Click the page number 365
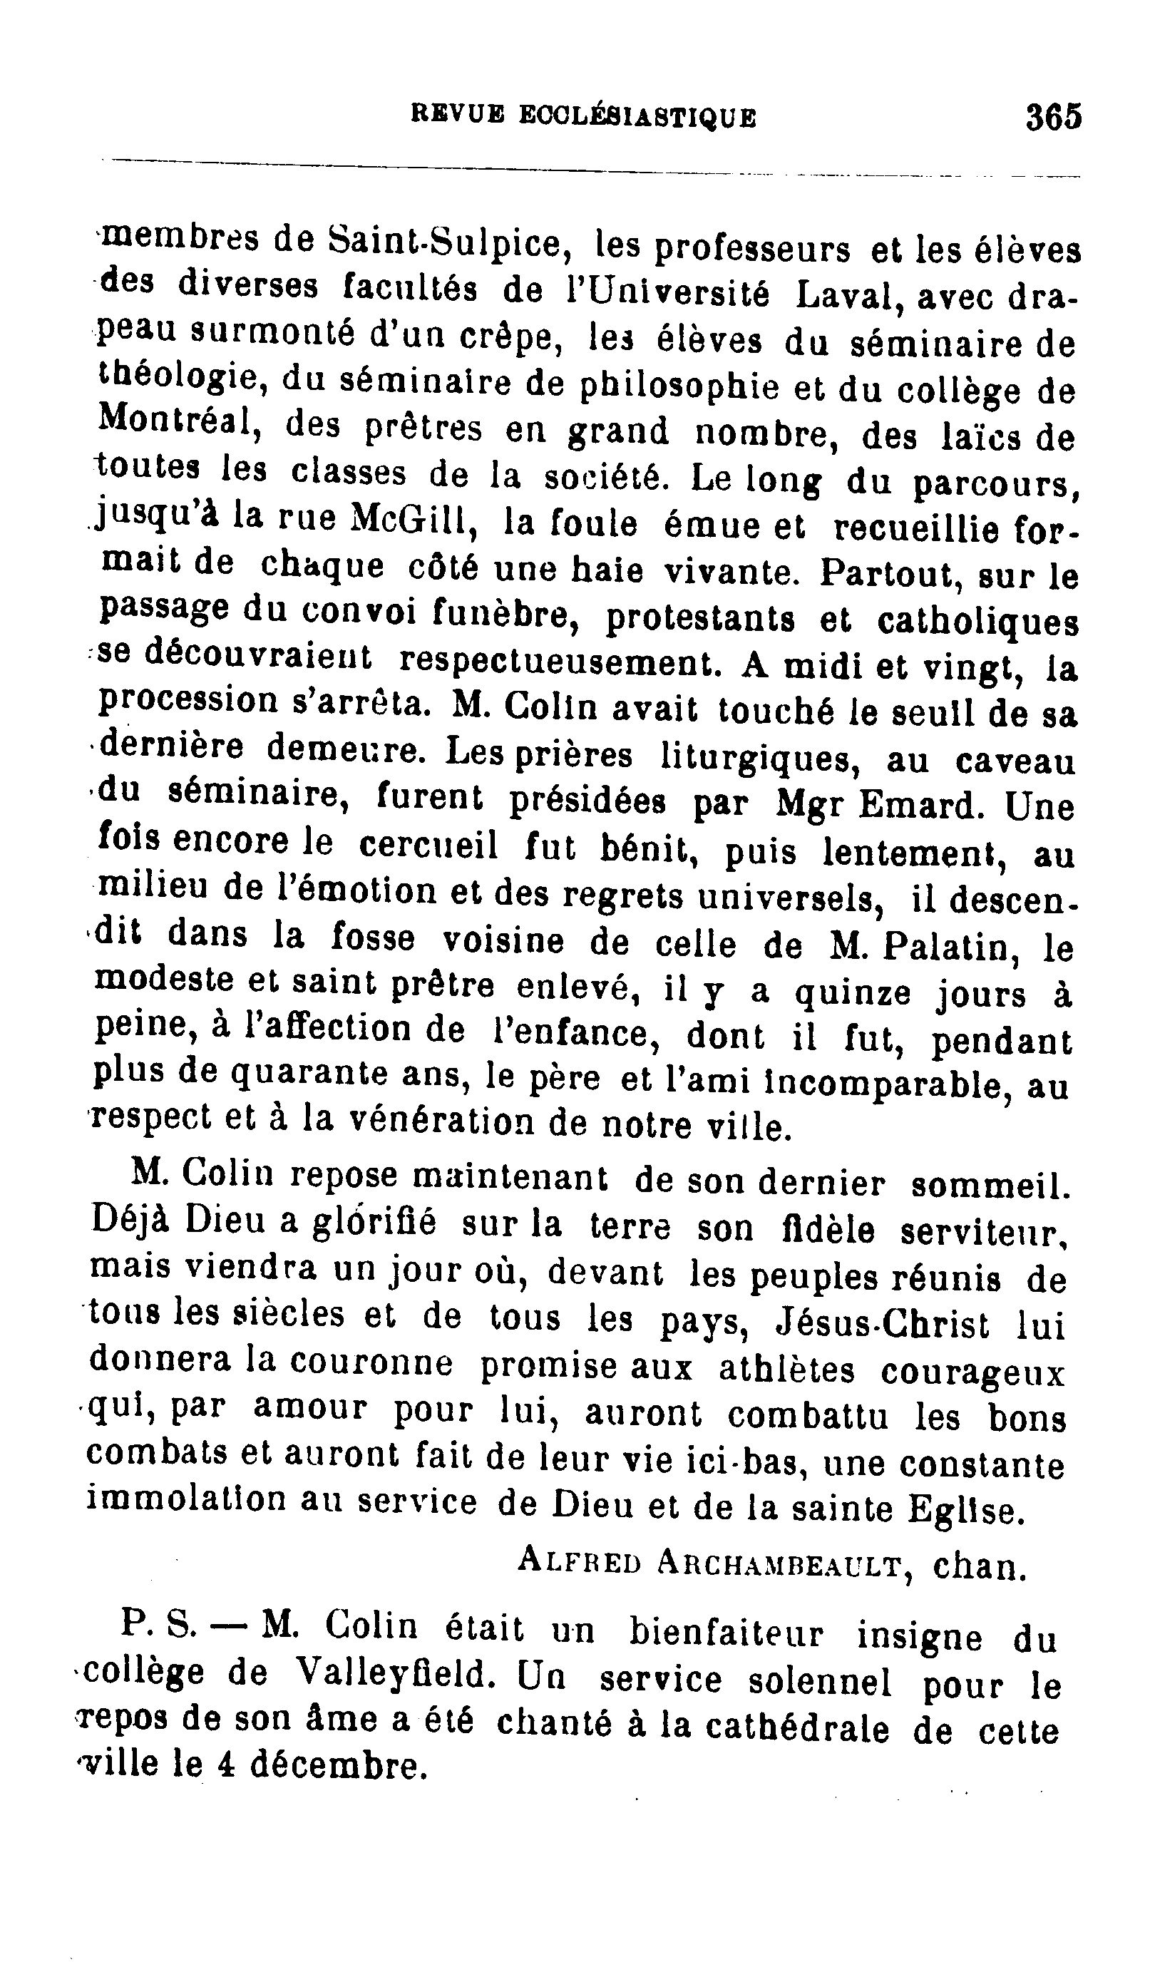click(x=1054, y=118)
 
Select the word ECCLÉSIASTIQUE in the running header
click(x=637, y=118)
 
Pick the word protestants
click(x=700, y=619)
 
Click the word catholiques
click(x=978, y=622)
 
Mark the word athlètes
click(x=786, y=1370)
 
